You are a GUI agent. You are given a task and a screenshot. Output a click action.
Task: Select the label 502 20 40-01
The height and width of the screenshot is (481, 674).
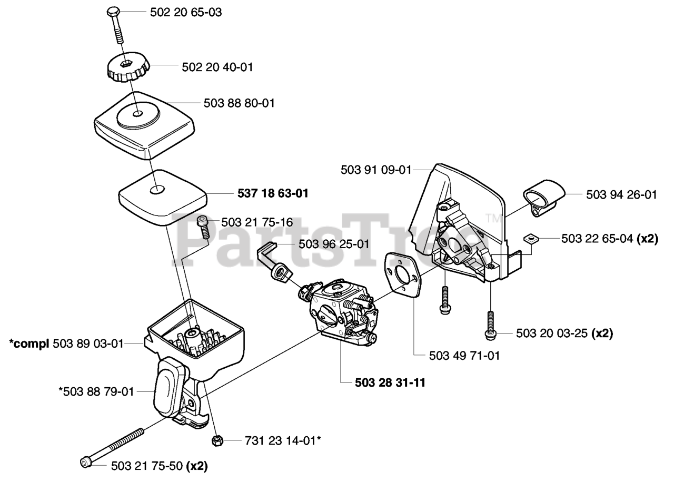(x=217, y=67)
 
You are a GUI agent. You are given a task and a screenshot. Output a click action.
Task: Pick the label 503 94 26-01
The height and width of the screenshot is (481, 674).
(x=621, y=195)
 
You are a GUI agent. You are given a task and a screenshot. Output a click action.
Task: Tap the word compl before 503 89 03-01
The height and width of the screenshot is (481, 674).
(x=29, y=344)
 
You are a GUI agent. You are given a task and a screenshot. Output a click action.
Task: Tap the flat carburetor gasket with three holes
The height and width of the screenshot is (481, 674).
(x=401, y=276)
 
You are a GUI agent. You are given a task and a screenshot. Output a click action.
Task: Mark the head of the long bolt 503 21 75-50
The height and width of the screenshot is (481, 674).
(x=85, y=463)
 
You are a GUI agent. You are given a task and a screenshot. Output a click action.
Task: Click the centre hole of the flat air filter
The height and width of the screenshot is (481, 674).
(x=155, y=190)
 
